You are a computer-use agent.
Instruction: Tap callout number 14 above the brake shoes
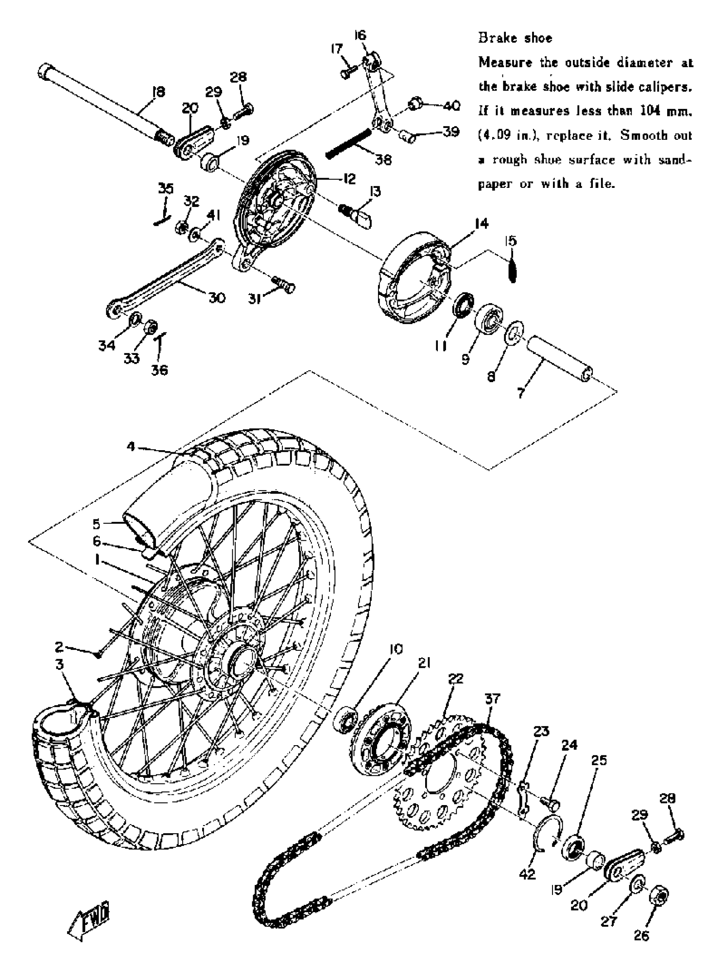[481, 224]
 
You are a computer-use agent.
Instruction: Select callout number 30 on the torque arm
[217, 298]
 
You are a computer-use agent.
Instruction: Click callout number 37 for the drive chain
[492, 698]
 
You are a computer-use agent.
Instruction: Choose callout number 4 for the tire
[131, 446]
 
